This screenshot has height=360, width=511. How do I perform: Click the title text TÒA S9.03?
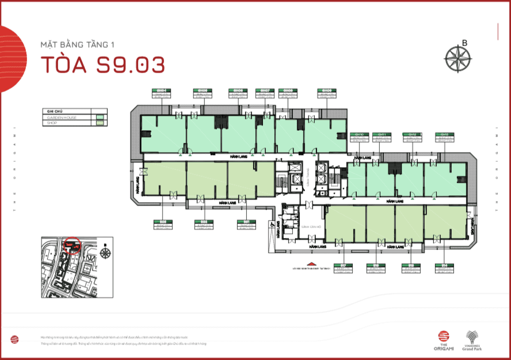coord(102,65)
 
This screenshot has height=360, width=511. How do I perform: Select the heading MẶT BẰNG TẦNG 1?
coord(77,44)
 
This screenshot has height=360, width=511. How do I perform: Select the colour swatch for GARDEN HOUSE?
coord(100,118)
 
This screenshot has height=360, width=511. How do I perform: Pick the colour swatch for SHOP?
coord(100,123)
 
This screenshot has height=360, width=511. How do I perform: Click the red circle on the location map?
coord(73,245)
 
